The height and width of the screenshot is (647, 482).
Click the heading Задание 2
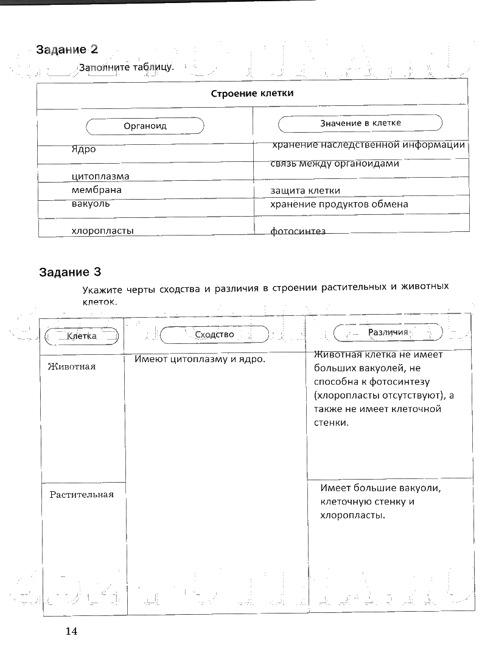[67, 50]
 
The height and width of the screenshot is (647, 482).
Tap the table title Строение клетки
[252, 94]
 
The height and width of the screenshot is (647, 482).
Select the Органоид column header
[145, 126]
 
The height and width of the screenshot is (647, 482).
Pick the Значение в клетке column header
[360, 124]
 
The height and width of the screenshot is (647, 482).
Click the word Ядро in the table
[83, 149]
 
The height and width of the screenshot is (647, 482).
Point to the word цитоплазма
[100, 177]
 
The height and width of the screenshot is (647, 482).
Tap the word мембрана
[96, 190]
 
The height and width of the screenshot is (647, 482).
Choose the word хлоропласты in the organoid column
[103, 231]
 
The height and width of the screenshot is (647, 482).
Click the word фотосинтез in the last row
[298, 231]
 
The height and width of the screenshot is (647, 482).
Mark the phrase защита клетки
[305, 191]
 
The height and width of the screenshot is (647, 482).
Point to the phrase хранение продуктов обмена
[339, 205]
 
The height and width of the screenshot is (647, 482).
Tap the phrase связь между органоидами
[335, 164]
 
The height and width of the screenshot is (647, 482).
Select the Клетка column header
[82, 336]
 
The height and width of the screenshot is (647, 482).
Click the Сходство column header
[214, 334]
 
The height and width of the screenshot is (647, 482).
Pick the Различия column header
[388, 332]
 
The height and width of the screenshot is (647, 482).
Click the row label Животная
[71, 366]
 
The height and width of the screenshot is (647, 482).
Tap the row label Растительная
[82, 494]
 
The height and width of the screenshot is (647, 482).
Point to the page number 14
[72, 631]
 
